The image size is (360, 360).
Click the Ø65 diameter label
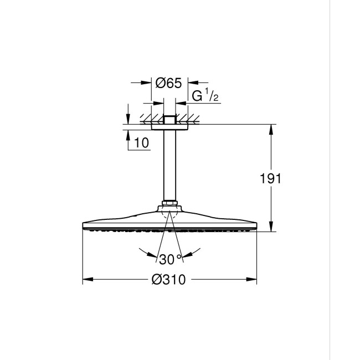[169, 83]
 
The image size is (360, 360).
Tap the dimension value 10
[142, 143]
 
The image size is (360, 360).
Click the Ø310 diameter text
[169, 280]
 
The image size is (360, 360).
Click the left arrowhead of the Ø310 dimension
[87, 280]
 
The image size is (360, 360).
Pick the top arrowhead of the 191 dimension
[271, 128]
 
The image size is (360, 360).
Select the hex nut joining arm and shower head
[169, 204]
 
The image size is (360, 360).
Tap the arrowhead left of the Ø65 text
[148, 83]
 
